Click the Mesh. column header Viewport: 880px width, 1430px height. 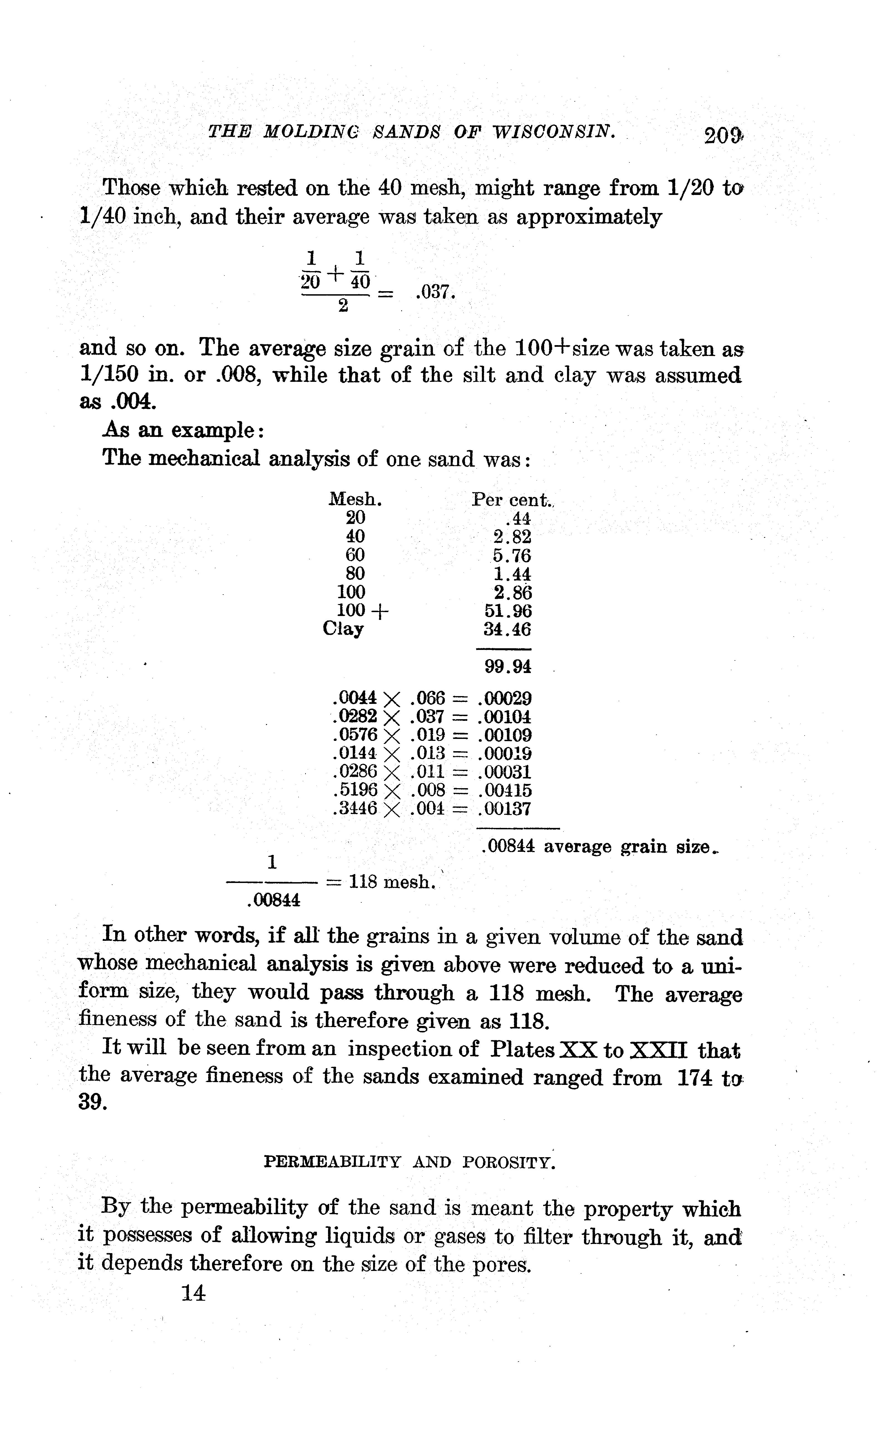355,499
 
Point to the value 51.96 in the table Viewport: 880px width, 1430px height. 504,611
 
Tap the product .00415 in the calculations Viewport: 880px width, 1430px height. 504,790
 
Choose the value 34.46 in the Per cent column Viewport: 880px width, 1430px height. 504,629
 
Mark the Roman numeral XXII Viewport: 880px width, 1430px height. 659,1050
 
